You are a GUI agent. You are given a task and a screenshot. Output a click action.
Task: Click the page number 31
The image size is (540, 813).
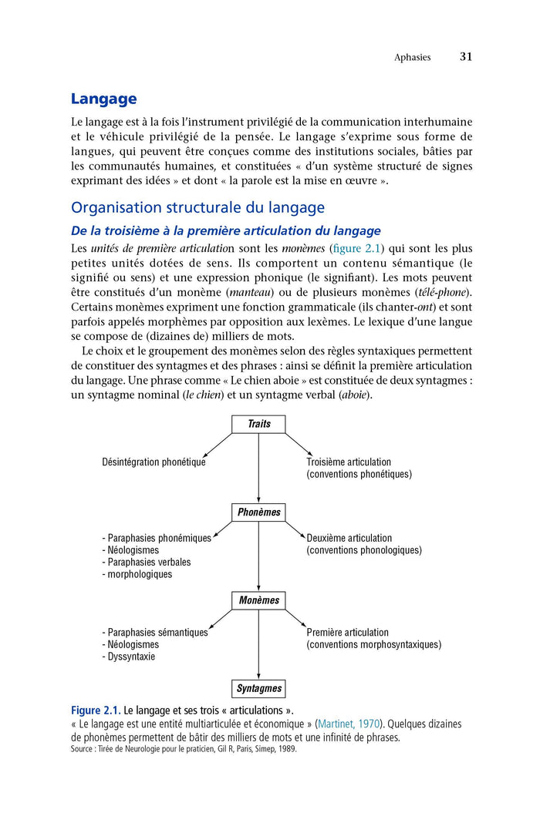[x=466, y=57]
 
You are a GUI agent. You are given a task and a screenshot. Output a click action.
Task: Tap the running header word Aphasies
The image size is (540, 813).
[x=412, y=58]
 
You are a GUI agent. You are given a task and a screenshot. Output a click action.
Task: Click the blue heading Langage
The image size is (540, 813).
[x=103, y=99]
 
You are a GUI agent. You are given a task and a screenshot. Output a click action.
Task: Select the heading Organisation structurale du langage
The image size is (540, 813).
[x=197, y=207]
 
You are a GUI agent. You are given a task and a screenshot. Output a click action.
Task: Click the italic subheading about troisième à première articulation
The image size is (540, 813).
[x=225, y=230]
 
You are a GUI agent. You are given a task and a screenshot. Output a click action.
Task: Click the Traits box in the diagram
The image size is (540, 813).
[x=258, y=424]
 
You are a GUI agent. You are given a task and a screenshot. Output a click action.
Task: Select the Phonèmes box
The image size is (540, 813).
[x=258, y=512]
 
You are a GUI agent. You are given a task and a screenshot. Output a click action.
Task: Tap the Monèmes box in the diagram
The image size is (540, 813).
[x=258, y=600]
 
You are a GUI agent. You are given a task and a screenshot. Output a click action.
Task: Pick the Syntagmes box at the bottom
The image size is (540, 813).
[x=258, y=688]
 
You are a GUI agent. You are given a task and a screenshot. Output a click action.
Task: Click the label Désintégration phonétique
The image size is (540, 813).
[x=154, y=462]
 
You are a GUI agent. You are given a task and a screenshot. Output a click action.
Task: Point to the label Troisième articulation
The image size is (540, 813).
[x=349, y=462]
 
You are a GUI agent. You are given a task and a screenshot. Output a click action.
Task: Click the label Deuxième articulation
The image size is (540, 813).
[x=349, y=538]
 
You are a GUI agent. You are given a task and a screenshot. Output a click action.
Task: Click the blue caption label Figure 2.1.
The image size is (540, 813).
[x=96, y=710]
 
